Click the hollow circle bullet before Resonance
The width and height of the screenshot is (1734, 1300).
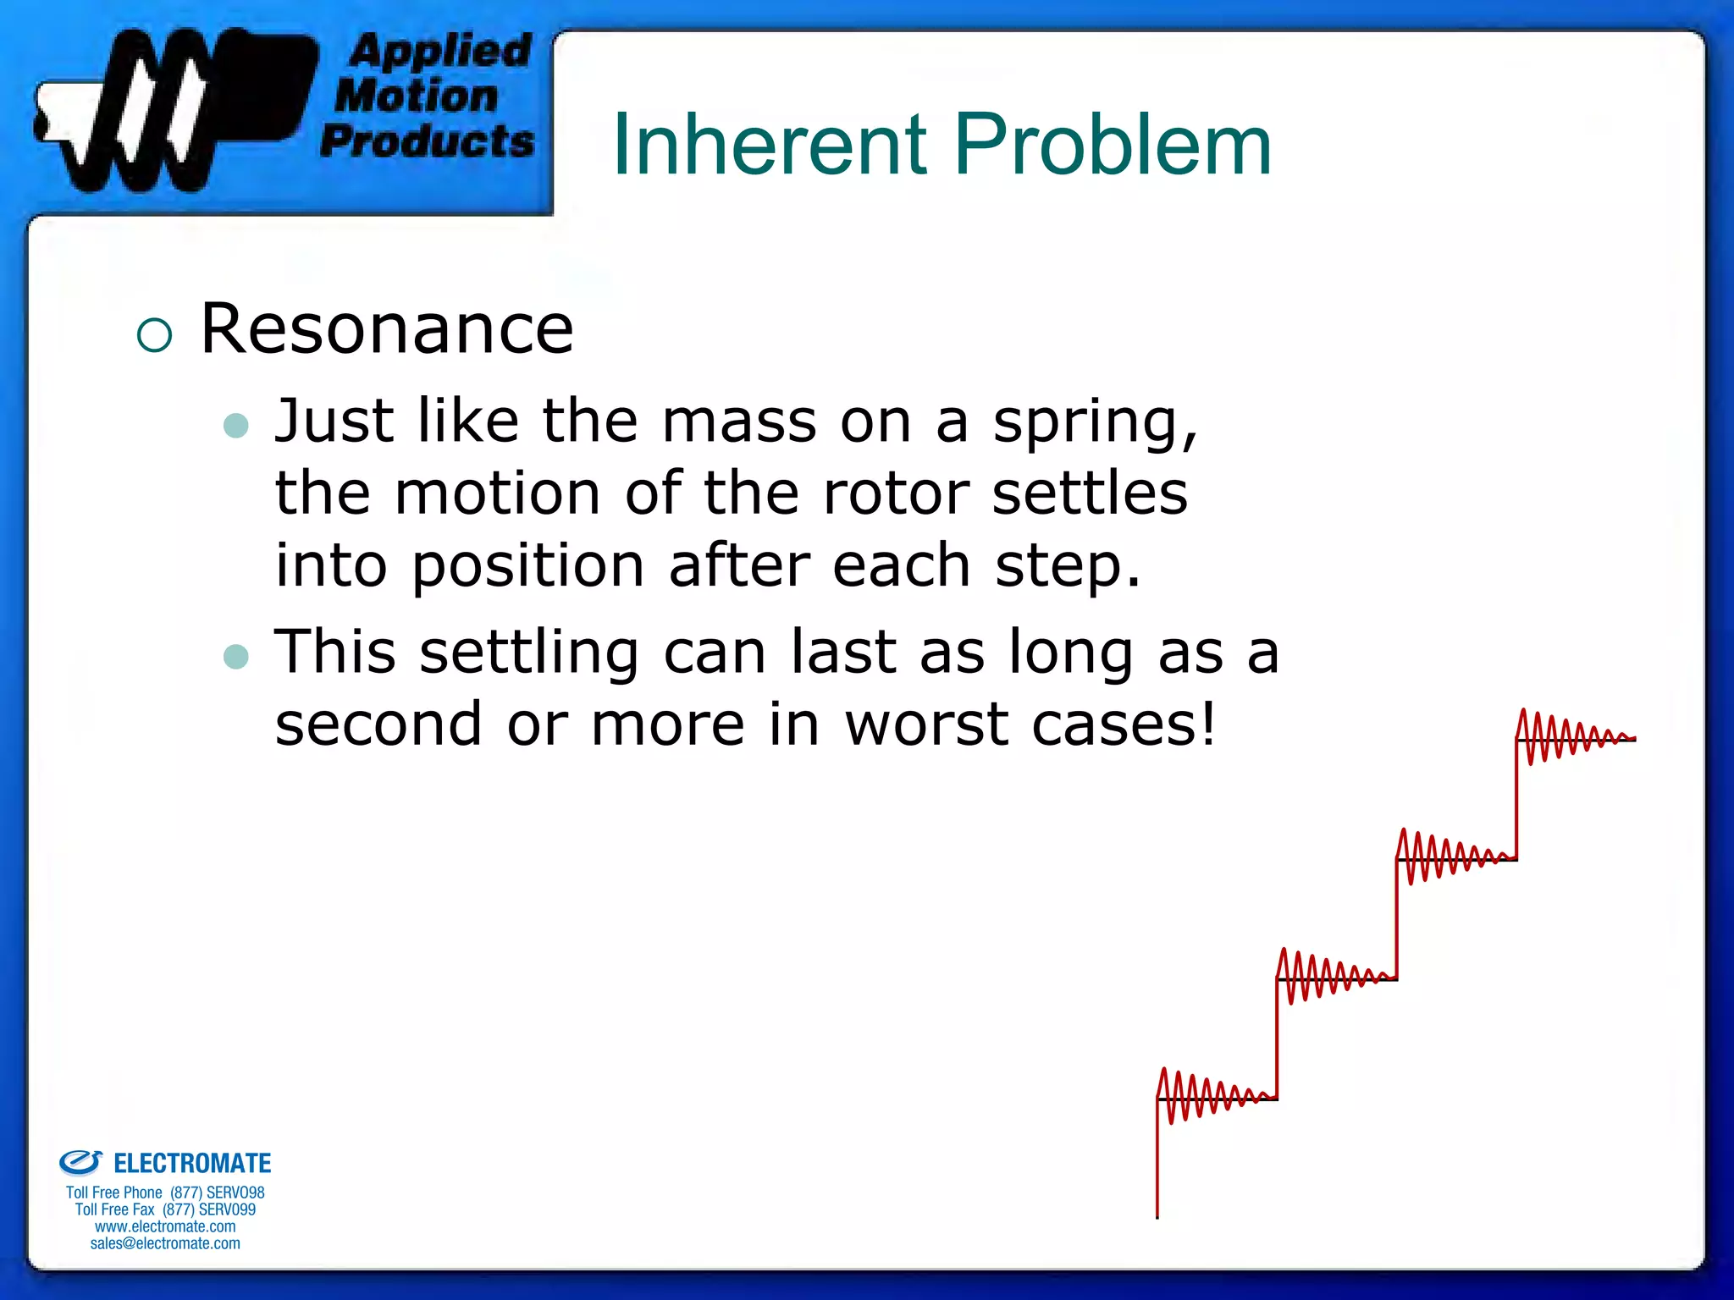tap(154, 335)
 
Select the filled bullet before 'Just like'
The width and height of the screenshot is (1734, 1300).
tap(236, 425)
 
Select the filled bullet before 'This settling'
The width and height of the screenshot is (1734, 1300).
tap(236, 656)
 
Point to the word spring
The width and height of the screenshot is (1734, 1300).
tap(1095, 421)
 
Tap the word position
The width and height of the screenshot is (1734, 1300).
tap(527, 565)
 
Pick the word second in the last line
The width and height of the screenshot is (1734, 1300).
tap(378, 724)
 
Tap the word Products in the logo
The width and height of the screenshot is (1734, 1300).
tap(428, 140)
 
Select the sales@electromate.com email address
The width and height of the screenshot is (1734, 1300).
tap(165, 1243)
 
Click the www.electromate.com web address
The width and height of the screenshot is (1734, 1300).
tap(165, 1226)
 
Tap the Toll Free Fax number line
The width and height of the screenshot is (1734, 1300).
tap(165, 1209)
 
